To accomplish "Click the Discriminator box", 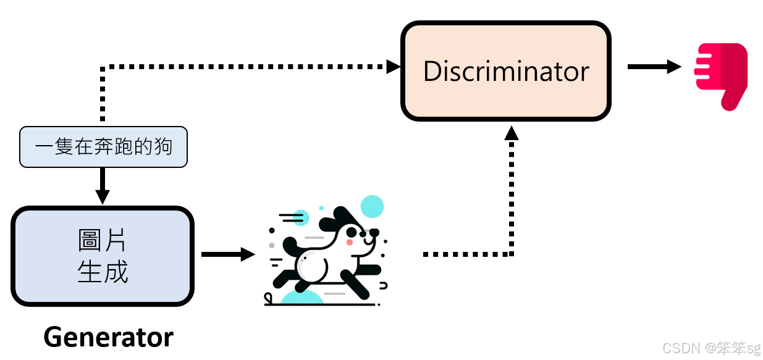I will pos(505,71).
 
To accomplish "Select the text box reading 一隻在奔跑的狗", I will pos(103,147).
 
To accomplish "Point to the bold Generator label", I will pos(109,337).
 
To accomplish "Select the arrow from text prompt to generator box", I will pos(103,185).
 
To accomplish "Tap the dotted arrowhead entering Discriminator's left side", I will pos(394,66).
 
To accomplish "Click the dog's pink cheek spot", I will pos(350,243).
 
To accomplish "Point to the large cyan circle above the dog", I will pos(372,206).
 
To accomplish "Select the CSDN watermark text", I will pos(710,348).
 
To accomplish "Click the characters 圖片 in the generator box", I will pos(103,241).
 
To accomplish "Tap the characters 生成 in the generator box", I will pos(103,272).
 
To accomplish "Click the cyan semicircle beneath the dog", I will pos(301,298).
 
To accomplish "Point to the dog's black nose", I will pos(374,232).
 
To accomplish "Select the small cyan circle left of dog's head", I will pos(301,217).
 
